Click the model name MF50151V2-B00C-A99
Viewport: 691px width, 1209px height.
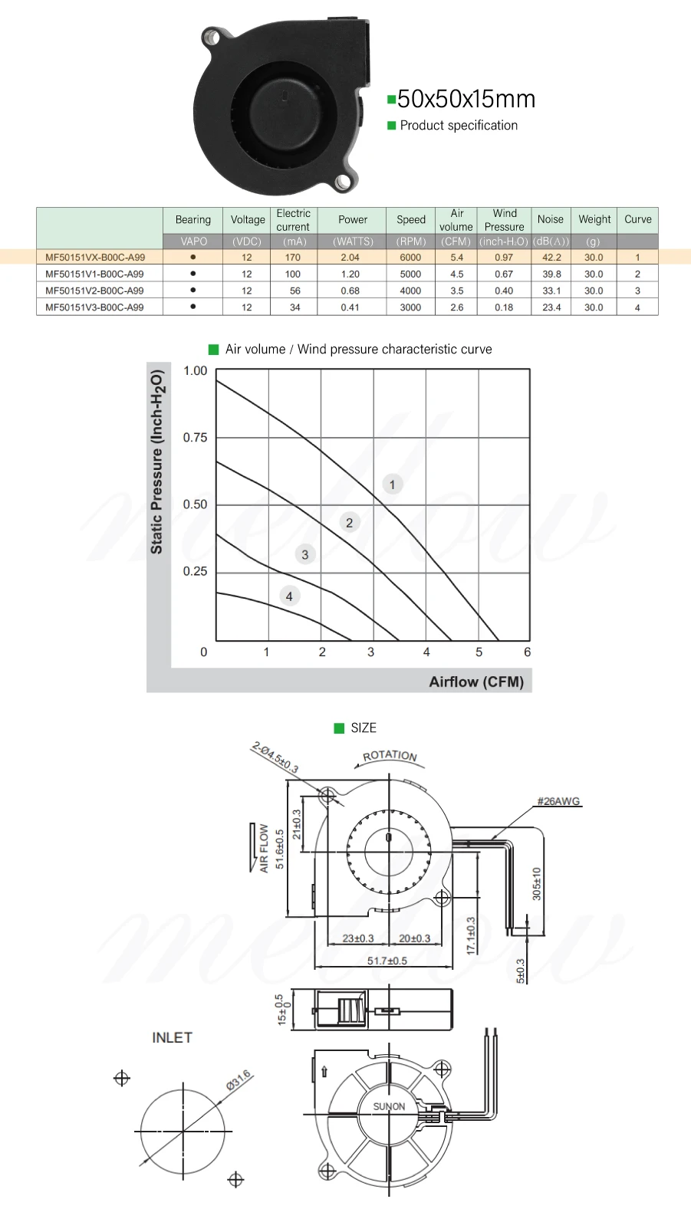94,291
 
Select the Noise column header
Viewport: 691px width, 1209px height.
550,219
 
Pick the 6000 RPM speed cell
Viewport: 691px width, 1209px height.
410,258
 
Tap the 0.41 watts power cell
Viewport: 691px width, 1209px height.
350,307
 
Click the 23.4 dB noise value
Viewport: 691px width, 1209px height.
551,307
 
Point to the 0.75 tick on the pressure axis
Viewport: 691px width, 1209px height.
195,438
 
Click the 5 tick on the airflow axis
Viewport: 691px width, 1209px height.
479,652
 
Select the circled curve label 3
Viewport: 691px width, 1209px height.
305,554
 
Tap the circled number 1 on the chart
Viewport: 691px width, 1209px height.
393,485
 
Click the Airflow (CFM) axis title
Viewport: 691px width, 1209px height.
476,682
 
